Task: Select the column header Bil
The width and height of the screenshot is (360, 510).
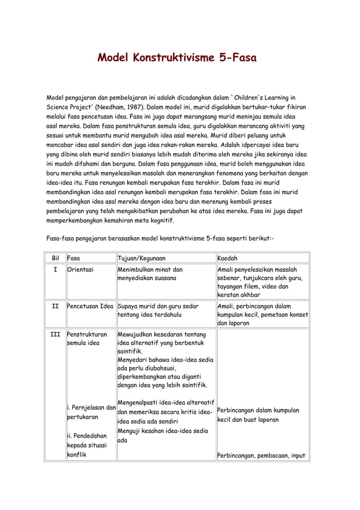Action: click(x=55, y=258)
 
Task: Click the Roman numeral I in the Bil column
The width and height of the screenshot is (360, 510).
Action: click(x=55, y=269)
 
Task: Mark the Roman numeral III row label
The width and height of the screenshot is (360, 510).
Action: click(x=55, y=335)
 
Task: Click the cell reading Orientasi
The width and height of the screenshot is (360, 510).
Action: click(x=80, y=269)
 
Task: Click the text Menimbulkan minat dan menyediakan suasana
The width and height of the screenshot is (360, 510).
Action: click(x=150, y=274)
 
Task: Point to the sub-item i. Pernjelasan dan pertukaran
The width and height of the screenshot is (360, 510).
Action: click(x=91, y=412)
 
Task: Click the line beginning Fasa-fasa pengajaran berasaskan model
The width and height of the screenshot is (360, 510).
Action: click(x=159, y=238)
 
